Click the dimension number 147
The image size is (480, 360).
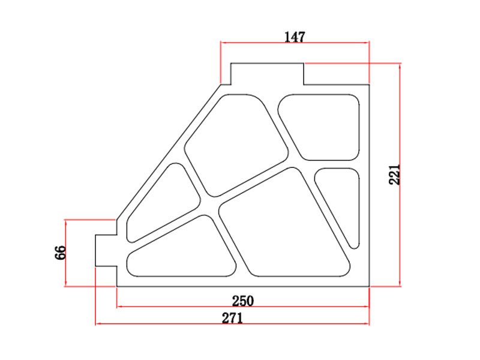pyautogui.click(x=295, y=37)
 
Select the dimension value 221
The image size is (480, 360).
pyautogui.click(x=394, y=174)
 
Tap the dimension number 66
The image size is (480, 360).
pyautogui.click(x=60, y=253)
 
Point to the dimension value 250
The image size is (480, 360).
pyautogui.click(x=242, y=300)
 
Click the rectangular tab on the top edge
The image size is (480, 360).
pyautogui.click(x=267, y=74)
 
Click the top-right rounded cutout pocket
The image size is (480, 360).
pyautogui.click(x=321, y=126)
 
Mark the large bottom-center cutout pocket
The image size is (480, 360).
pyautogui.click(x=285, y=225)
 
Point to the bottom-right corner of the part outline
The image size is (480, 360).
pyautogui.click(x=369, y=287)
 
